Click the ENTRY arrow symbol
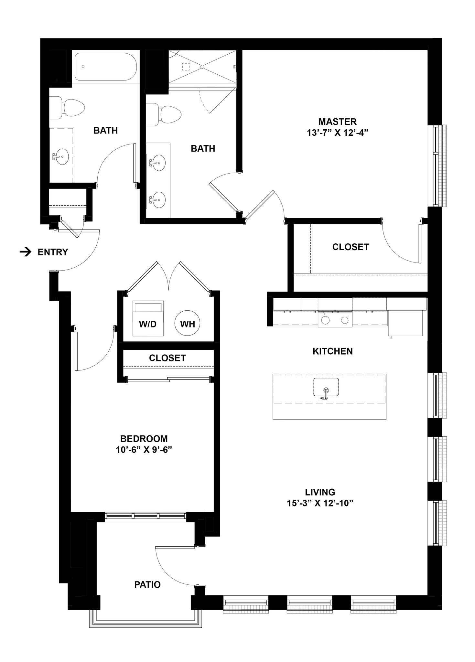[26, 252]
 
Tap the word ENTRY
[53, 252]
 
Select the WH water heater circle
[187, 324]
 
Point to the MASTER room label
[337, 122]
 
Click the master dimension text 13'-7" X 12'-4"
[338, 133]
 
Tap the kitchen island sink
[326, 387]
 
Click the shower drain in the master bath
[202, 67]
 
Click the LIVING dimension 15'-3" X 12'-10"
[320, 503]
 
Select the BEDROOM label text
[144, 439]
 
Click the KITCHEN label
[332, 351]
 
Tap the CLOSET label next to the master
[351, 247]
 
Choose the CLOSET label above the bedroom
[167, 358]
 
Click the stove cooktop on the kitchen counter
[335, 320]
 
